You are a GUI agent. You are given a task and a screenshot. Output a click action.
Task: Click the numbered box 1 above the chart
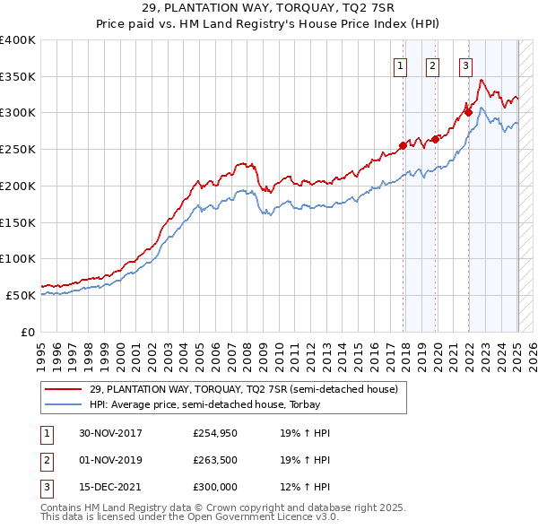click(x=399, y=65)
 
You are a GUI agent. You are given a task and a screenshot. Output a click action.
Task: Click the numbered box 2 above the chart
click(x=432, y=65)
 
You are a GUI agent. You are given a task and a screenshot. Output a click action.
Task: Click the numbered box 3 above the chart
click(x=466, y=65)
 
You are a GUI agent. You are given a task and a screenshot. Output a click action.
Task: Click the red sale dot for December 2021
click(x=468, y=113)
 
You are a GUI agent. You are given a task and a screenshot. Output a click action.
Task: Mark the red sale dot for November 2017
click(x=403, y=146)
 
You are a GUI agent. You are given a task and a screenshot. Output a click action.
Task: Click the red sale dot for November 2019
click(x=435, y=140)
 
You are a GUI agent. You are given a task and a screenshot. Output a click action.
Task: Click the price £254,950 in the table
click(x=215, y=433)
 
